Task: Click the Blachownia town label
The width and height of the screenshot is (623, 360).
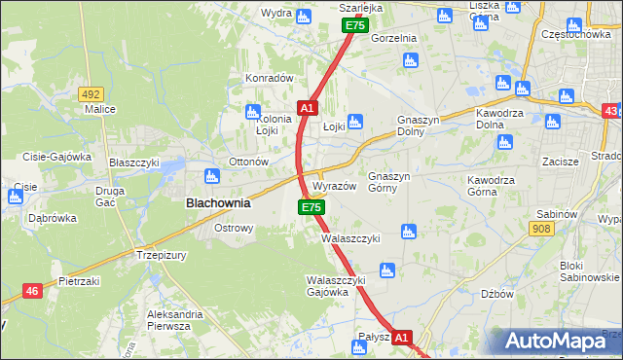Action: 218,204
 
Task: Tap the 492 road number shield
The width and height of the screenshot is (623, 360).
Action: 92,94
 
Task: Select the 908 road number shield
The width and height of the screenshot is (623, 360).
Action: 543,228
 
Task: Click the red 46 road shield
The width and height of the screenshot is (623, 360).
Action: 32,290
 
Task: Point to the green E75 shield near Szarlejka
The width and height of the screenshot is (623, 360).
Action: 354,25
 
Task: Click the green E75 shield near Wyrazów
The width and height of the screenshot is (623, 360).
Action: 311,207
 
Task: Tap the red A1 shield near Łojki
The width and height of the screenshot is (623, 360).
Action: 307,108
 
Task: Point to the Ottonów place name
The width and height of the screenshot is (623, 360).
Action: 247,161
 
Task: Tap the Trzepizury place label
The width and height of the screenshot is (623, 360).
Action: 161,254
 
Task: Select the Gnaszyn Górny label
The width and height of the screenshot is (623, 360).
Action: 392,182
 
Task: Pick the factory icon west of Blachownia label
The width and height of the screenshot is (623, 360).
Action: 210,177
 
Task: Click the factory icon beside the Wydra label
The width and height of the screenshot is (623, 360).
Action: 303,15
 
